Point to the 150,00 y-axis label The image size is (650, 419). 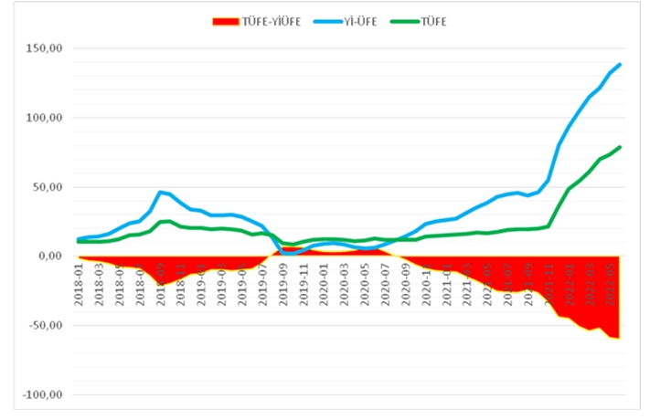pyautogui.click(x=42, y=48)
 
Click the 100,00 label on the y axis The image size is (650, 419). pyautogui.click(x=42, y=118)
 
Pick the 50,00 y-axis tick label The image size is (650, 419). pyautogui.click(x=45, y=187)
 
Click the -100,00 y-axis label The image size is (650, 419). pyautogui.click(x=40, y=395)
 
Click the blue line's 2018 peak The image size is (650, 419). pyautogui.click(x=160, y=192)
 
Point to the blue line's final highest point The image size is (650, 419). pyautogui.click(x=620, y=64)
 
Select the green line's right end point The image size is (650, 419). pyautogui.click(x=620, y=147)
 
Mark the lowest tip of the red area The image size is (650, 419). pyautogui.click(x=619, y=338)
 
